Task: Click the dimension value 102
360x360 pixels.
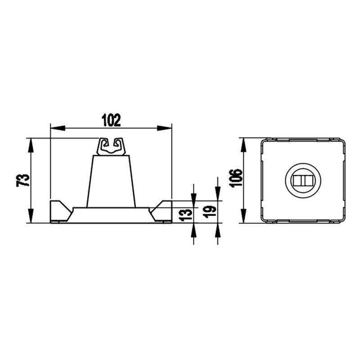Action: (x=111, y=120)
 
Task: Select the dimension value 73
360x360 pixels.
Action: (x=23, y=180)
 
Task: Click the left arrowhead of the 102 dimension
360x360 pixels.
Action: (x=58, y=128)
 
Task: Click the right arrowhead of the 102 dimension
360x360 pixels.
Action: (x=164, y=128)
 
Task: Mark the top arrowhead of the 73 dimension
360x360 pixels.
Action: (x=31, y=145)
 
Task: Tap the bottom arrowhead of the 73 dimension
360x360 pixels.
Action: (x=31, y=216)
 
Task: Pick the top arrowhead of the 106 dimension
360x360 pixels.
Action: (x=243, y=145)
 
